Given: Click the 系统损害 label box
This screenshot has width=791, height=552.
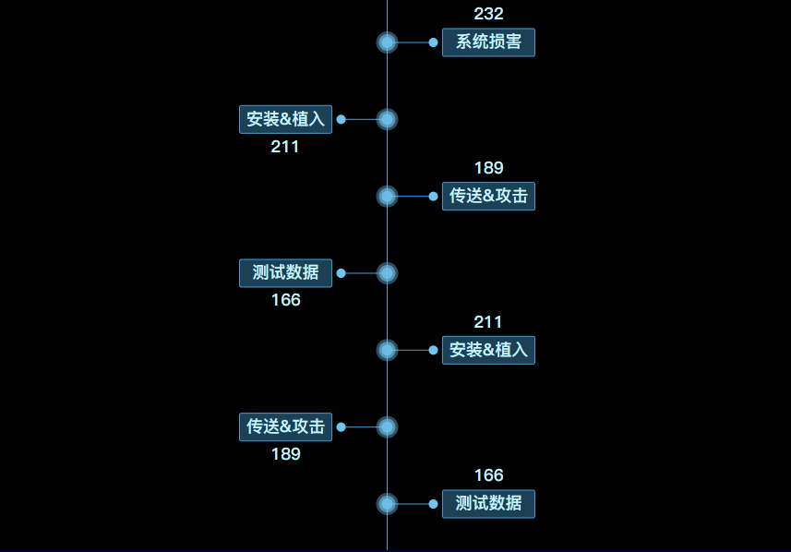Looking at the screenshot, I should click(488, 42).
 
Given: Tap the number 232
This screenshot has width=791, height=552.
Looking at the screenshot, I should click(488, 14).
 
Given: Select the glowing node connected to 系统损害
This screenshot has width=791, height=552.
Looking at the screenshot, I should click(387, 42).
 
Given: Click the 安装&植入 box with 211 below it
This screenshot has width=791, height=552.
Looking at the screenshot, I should click(285, 119).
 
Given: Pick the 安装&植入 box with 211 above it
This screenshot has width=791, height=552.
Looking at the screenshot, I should click(488, 350).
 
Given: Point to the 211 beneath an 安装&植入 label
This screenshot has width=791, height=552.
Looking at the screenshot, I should click(285, 146).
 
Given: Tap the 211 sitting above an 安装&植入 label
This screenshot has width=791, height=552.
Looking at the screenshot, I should click(488, 322).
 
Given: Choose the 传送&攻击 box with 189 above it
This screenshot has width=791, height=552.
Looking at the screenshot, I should click(488, 196).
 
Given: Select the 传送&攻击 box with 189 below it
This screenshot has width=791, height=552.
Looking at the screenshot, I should click(285, 426).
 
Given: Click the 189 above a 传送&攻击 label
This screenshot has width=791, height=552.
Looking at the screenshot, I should click(488, 168).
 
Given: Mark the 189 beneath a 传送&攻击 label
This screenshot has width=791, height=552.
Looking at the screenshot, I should click(285, 454).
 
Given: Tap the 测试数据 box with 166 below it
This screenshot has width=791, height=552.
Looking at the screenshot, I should click(285, 272).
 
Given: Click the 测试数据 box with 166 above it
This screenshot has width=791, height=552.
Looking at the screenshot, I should click(488, 504).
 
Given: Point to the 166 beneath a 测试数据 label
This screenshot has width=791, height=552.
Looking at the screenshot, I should click(285, 300).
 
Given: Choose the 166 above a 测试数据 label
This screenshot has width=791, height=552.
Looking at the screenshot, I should click(488, 475).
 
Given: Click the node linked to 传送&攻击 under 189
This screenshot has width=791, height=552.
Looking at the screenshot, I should click(387, 196).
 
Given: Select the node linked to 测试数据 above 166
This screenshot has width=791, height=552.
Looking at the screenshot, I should click(387, 273).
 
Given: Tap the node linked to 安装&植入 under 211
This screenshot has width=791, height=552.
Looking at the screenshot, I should click(387, 350).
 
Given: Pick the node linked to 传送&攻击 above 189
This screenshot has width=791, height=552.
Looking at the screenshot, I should click(387, 426).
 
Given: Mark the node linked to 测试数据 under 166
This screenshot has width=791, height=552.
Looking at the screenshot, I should click(387, 504).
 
